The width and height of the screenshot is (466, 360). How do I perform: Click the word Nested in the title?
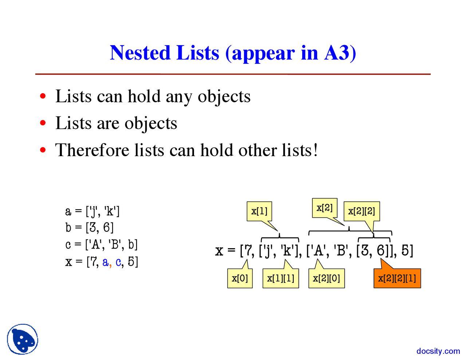pyautogui.click(x=140, y=53)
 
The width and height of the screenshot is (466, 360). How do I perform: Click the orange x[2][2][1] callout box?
pyautogui.click(x=397, y=278)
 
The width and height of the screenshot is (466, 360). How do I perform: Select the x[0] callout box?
pyautogui.click(x=240, y=278)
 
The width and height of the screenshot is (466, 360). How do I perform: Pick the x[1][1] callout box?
pyautogui.click(x=280, y=278)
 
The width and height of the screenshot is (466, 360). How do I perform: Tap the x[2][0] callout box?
pyautogui.click(x=326, y=278)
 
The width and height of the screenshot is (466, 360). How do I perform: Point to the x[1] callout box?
pyautogui.click(x=259, y=211)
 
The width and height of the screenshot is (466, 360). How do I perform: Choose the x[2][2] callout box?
pyautogui.click(x=362, y=211)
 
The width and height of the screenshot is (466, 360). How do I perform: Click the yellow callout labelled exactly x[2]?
pyautogui.click(x=324, y=208)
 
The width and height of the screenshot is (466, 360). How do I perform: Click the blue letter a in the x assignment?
pyautogui.click(x=105, y=262)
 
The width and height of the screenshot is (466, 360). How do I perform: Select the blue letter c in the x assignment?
pyautogui.click(x=118, y=262)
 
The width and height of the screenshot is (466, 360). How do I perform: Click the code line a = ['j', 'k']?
pyautogui.click(x=92, y=211)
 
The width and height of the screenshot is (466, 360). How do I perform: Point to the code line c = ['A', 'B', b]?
pyautogui.click(x=102, y=245)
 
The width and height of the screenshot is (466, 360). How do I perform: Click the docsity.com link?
pyautogui.click(x=438, y=351)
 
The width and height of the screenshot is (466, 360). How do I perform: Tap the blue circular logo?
pyautogui.click(x=23, y=339)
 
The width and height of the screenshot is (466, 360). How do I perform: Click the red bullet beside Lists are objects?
pyautogui.click(x=43, y=123)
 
